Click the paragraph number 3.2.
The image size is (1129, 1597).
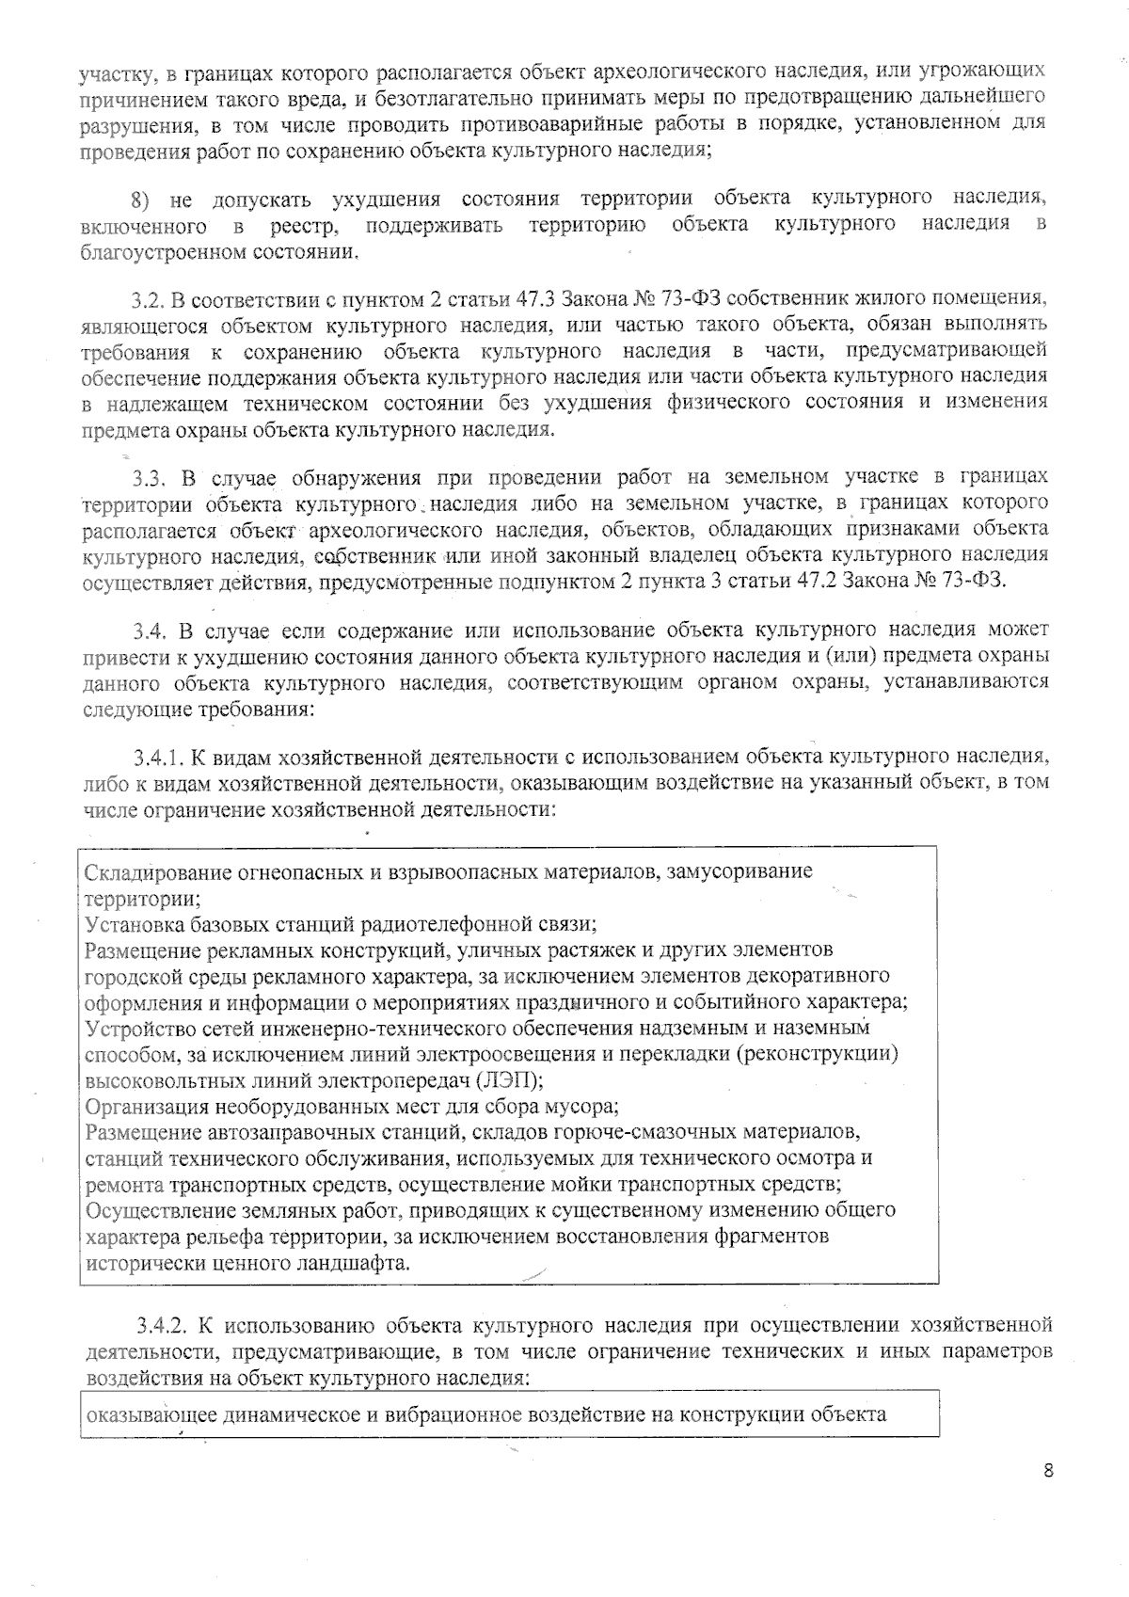click(x=149, y=300)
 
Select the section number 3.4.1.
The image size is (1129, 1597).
click(x=158, y=756)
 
